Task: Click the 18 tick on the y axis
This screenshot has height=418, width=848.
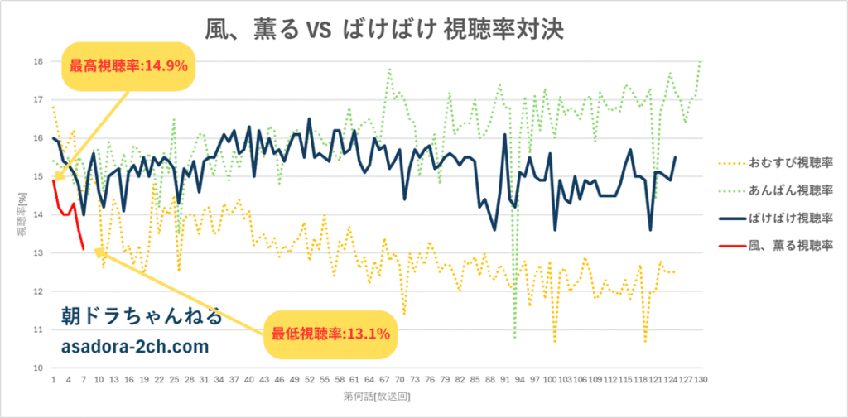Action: point(38,61)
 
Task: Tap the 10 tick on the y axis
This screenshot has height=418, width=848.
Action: point(38,368)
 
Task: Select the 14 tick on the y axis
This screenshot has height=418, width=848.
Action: point(38,214)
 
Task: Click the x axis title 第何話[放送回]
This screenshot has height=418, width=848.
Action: point(377,397)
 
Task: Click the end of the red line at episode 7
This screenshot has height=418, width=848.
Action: point(84,249)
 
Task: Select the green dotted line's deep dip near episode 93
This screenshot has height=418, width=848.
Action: point(515,338)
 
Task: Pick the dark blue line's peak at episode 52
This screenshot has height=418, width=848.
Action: point(309,119)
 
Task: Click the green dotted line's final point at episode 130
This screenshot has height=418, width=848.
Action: point(701,62)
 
